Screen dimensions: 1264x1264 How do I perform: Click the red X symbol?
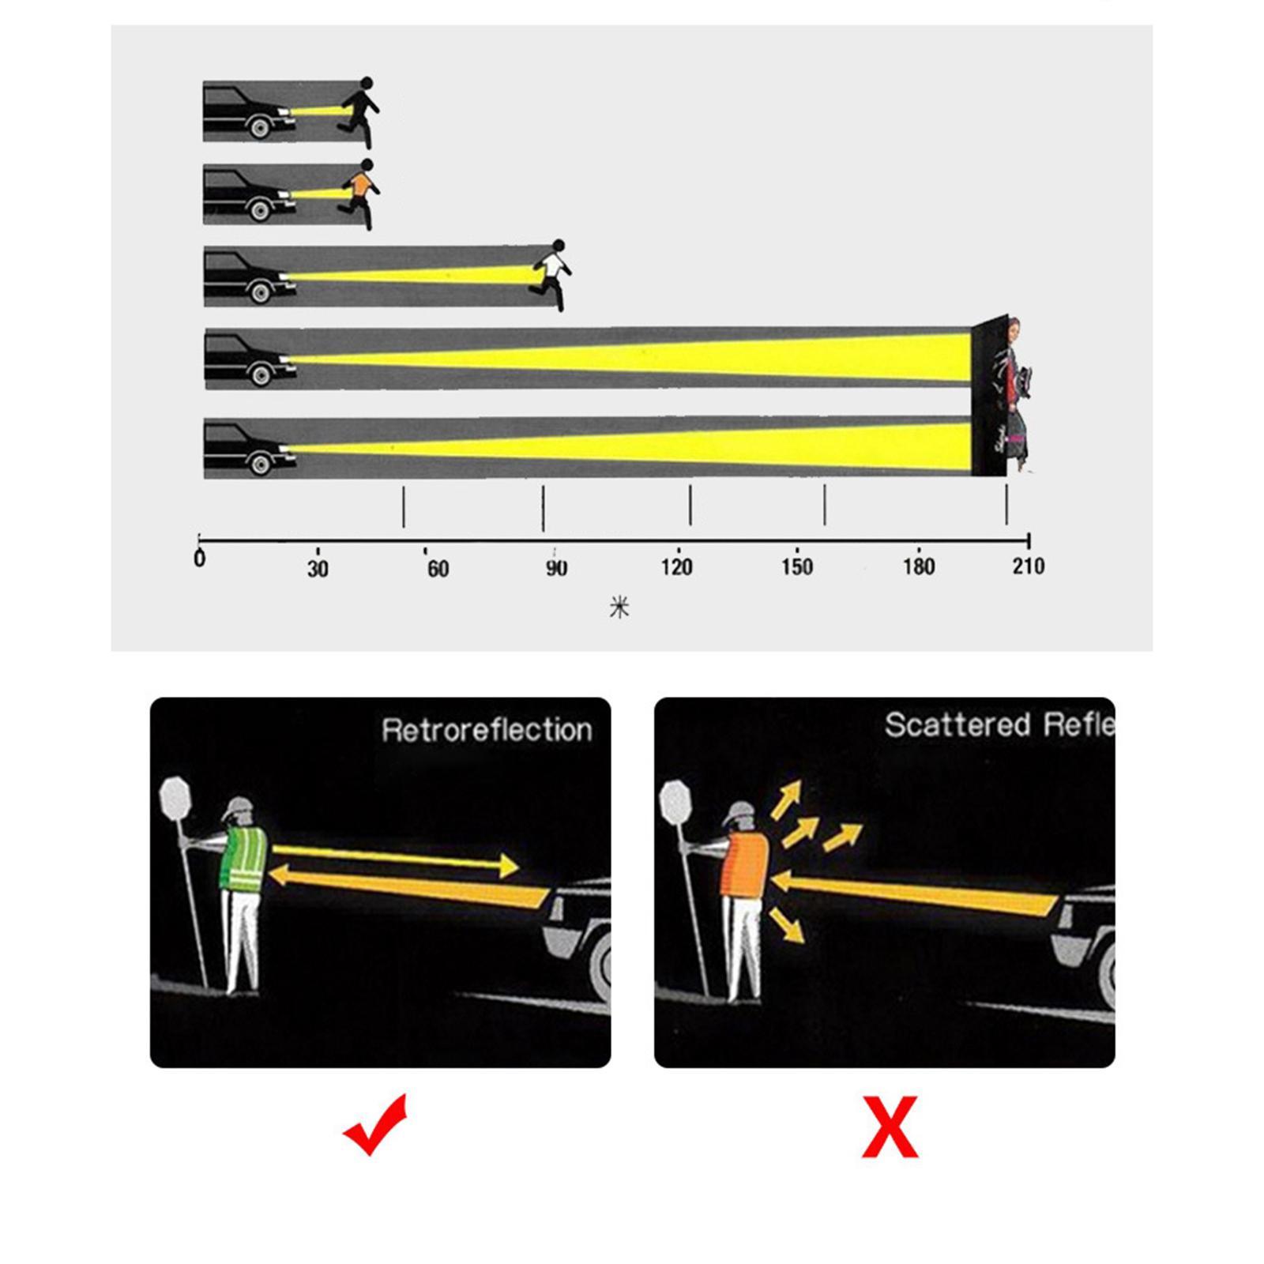pyautogui.click(x=890, y=1127)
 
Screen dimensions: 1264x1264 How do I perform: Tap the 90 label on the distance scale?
pyautogui.click(x=556, y=568)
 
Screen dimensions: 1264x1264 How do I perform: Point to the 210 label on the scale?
pyautogui.click(x=1028, y=566)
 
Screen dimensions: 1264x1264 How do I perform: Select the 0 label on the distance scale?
pyautogui.click(x=200, y=559)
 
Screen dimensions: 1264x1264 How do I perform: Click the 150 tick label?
pyautogui.click(x=796, y=567)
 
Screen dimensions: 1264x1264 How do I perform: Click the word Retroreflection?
pyautogui.click(x=487, y=730)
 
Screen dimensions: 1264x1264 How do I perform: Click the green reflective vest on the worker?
pyautogui.click(x=244, y=860)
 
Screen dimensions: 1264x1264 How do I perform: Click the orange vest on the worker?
pyautogui.click(x=745, y=865)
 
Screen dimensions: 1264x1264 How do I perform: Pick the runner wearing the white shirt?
pyautogui.click(x=552, y=273)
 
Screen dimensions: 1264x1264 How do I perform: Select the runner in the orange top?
pyautogui.click(x=359, y=192)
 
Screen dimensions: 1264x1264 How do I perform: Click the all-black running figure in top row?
pyautogui.click(x=360, y=110)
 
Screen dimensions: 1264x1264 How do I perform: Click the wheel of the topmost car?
pyautogui.click(x=259, y=126)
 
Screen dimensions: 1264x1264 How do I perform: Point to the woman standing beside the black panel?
pyautogui.click(x=1017, y=395)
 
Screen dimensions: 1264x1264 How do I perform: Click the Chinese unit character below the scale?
pyautogui.click(x=619, y=608)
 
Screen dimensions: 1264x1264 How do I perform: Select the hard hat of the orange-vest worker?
pyautogui.click(x=740, y=811)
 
